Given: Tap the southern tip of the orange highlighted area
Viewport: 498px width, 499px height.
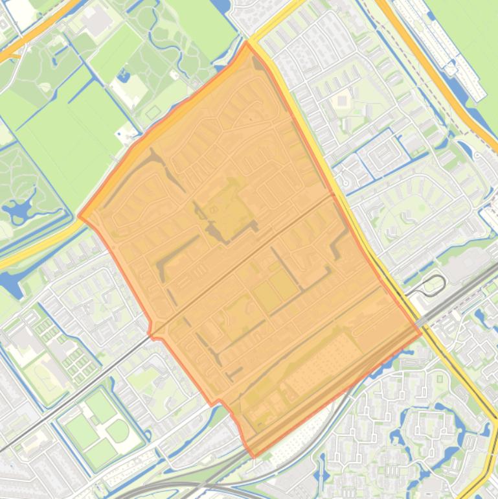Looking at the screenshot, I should [251, 456].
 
